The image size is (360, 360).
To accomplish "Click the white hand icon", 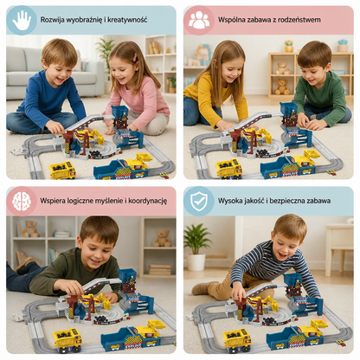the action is click(x=22, y=20).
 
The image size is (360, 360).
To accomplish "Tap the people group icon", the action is click(x=199, y=20).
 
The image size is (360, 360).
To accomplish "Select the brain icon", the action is click(x=22, y=201).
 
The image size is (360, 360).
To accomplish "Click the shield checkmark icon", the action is click(x=199, y=201).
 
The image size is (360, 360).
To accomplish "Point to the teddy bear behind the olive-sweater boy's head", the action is click(x=162, y=238).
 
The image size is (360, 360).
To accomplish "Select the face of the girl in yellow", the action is click(x=226, y=70).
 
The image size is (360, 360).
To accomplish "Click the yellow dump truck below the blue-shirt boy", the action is click(x=62, y=170).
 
